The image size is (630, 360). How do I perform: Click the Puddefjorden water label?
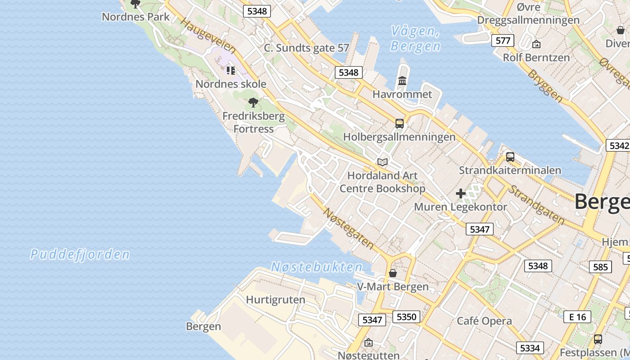(80, 255)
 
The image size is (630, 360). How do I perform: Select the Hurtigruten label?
(275, 300)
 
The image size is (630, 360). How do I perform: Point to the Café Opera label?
(484, 321)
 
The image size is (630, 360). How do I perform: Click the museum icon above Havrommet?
(402, 81)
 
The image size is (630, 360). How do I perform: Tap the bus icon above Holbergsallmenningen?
(399, 123)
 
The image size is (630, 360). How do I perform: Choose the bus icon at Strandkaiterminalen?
(510, 157)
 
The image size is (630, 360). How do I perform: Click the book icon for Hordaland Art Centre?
(382, 162)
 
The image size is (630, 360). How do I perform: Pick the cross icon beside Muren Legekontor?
(460, 194)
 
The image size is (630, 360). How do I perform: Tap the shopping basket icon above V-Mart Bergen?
(393, 273)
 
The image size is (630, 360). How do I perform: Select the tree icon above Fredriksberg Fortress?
(253, 103)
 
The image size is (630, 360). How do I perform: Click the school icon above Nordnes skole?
(231, 70)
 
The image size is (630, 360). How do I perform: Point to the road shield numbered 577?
(503, 40)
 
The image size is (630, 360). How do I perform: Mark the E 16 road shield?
(577, 316)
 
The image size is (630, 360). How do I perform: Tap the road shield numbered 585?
(601, 267)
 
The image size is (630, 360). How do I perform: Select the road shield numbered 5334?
(530, 347)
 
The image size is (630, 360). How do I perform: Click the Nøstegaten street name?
(349, 229)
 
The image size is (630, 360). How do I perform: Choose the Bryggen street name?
(545, 85)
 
